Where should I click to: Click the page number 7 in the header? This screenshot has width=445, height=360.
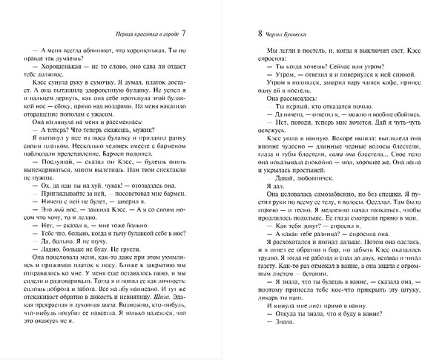click(185, 34)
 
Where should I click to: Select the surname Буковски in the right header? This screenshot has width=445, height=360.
click(294, 35)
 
